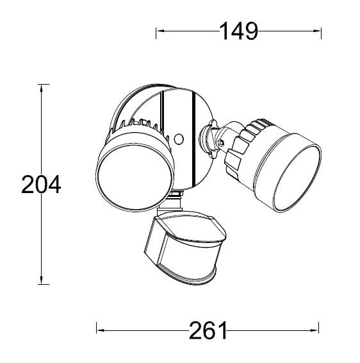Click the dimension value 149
(238, 30)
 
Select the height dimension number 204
(41, 185)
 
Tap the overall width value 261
(208, 330)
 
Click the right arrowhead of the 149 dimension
(318, 30)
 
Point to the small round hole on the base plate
(179, 139)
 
